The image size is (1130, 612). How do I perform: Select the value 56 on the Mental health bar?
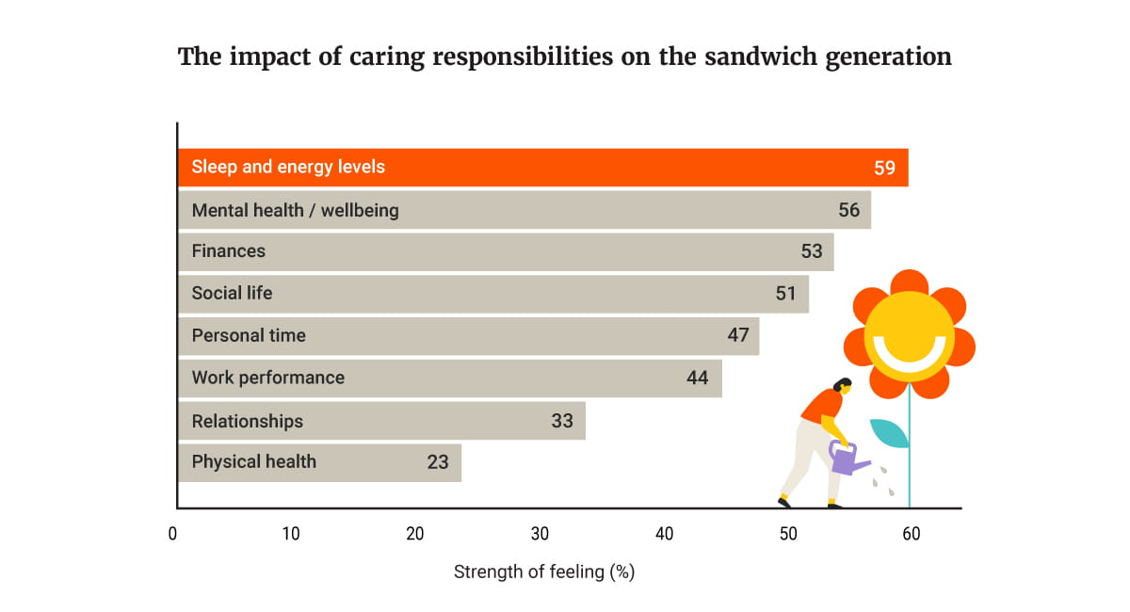848,210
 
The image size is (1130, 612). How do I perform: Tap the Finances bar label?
229,251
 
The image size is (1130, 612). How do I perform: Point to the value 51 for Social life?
785,294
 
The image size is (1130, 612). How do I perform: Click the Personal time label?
249,335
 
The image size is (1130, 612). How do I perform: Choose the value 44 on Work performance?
697,378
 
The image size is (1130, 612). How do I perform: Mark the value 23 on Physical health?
437,462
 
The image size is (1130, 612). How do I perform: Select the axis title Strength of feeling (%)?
544,572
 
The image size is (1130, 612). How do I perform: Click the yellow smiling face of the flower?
909,334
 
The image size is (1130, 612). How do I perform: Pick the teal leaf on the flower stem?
890,432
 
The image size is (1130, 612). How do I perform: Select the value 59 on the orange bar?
884,168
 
